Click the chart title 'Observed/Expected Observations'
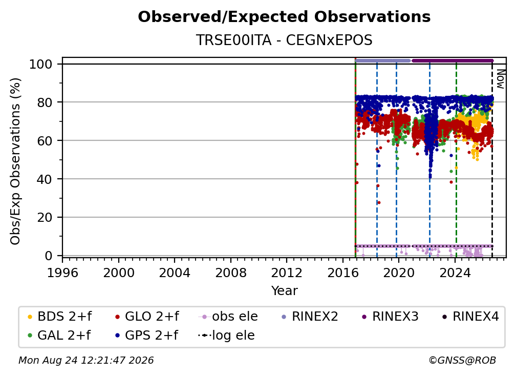tap(284, 17)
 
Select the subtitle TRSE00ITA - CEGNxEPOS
tap(284, 40)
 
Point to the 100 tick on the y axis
tap(41, 64)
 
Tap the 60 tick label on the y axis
tap(45, 141)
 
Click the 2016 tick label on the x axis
tap(343, 273)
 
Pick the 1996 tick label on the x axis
tap(62, 273)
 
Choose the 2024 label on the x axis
tap(455, 273)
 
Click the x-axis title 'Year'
tap(284, 291)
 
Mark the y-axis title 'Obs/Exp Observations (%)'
tap(15, 161)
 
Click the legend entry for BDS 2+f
tap(59, 317)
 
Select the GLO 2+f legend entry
tap(147, 317)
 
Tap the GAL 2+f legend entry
tap(59, 335)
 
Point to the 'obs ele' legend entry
tap(228, 317)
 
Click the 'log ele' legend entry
tap(226, 335)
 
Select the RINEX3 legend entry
tap(390, 317)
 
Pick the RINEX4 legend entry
tap(470, 317)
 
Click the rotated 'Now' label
tap(501, 79)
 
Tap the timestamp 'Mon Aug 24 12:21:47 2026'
tap(86, 361)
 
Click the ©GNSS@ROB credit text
tap(462, 361)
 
